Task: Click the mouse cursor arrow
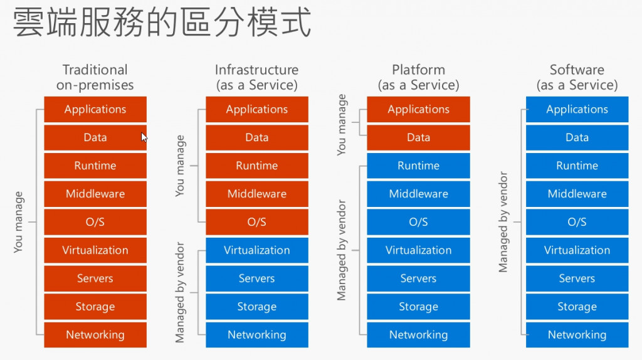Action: point(144,137)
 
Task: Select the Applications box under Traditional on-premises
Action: point(95,109)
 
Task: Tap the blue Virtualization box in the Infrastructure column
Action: point(256,250)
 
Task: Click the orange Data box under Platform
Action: point(418,137)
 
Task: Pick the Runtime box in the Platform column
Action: point(418,166)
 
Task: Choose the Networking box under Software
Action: point(577,335)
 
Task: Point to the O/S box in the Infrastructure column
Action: point(256,222)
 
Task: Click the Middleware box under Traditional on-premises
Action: point(95,194)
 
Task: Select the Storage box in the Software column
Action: point(577,306)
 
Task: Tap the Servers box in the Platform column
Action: point(418,278)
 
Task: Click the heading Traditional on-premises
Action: point(95,77)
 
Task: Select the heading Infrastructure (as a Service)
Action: point(256,77)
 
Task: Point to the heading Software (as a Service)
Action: point(577,77)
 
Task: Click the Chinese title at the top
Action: point(162,23)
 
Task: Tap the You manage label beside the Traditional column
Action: point(18,222)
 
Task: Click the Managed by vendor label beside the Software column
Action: point(503,222)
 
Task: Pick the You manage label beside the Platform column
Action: point(341,125)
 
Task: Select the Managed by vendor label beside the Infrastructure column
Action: point(180,292)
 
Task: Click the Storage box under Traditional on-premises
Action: point(95,306)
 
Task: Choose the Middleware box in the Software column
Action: point(577,194)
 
